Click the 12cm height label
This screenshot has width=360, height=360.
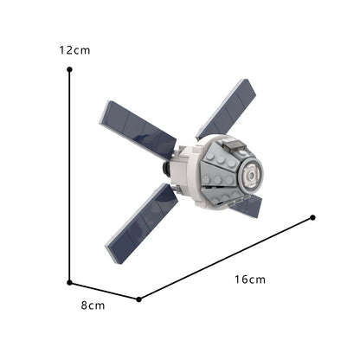(x=74, y=50)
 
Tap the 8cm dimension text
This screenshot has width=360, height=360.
(x=93, y=305)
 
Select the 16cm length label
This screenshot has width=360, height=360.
(x=249, y=279)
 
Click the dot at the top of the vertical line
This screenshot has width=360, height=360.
(x=69, y=72)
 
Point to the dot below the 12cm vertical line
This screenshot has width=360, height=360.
(x=69, y=281)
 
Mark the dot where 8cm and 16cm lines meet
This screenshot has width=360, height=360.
(x=139, y=299)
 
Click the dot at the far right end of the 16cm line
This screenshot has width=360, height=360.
(x=312, y=217)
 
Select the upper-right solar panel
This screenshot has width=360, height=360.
(x=228, y=109)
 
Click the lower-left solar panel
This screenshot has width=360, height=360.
(x=142, y=222)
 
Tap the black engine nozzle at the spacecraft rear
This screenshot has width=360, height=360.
(x=165, y=164)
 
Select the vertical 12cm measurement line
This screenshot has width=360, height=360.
(x=69, y=173)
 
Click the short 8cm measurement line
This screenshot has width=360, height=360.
(x=104, y=290)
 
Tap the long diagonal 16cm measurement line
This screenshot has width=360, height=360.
(x=225, y=259)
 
